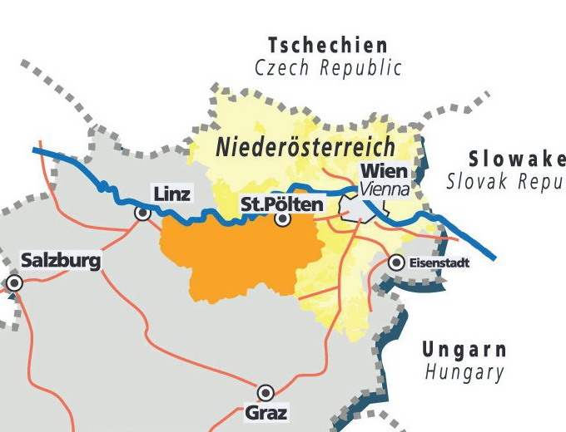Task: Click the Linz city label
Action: click(172, 194)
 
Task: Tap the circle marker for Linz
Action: click(143, 214)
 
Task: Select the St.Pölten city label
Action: click(281, 203)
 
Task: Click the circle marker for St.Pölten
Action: click(283, 219)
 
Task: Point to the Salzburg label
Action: click(61, 261)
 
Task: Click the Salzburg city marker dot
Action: click(14, 283)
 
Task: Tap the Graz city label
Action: click(266, 412)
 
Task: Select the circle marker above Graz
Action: click(266, 392)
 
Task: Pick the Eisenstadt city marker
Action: click(396, 263)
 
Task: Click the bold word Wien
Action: click(383, 172)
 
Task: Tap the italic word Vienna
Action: click(385, 189)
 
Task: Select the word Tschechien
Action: click(328, 45)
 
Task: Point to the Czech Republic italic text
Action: click(328, 67)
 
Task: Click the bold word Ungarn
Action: click(464, 349)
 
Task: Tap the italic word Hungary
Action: click(464, 372)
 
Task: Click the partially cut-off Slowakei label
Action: click(516, 159)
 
